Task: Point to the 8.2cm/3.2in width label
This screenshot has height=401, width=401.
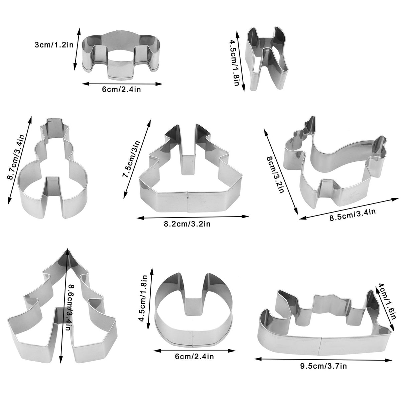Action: [187, 224]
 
